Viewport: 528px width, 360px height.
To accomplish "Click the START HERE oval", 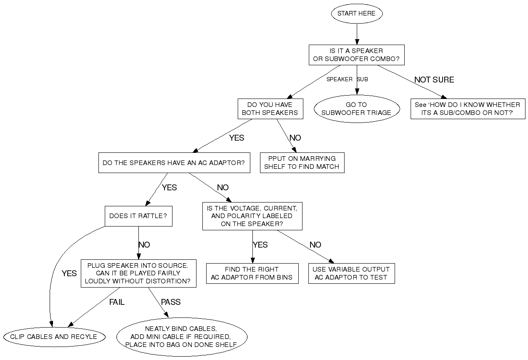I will (x=356, y=13).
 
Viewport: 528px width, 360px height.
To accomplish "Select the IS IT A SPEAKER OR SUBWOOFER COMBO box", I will (x=356, y=55).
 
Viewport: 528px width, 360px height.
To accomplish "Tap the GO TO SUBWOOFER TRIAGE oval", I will (x=356, y=109).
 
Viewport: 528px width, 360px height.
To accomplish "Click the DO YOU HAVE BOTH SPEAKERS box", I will (x=270, y=109).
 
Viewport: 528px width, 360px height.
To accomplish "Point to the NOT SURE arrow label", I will (x=434, y=80).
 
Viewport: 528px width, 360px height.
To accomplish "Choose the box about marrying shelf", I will (x=302, y=163).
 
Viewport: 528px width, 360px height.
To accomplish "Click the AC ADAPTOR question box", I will (x=174, y=163).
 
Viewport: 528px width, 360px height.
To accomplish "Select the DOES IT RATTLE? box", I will (x=138, y=216).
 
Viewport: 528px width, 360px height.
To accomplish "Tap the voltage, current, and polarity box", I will (x=252, y=216).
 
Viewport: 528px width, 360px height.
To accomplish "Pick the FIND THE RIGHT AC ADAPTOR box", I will (x=252, y=274).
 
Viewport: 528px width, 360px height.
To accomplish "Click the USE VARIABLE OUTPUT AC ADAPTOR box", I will (x=351, y=274).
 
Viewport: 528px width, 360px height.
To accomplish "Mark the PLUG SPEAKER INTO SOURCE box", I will (x=138, y=273).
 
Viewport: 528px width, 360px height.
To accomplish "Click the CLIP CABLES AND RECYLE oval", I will (x=54, y=336).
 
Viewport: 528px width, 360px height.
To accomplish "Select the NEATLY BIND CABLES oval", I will (x=182, y=336).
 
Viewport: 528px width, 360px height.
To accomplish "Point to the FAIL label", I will (x=117, y=302).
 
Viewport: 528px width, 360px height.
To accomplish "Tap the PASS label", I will (x=171, y=302).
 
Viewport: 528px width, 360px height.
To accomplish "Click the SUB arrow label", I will (x=363, y=79).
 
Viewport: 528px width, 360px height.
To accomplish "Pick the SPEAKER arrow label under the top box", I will (x=339, y=79).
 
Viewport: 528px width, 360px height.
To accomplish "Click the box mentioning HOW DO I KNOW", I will (x=467, y=109).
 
